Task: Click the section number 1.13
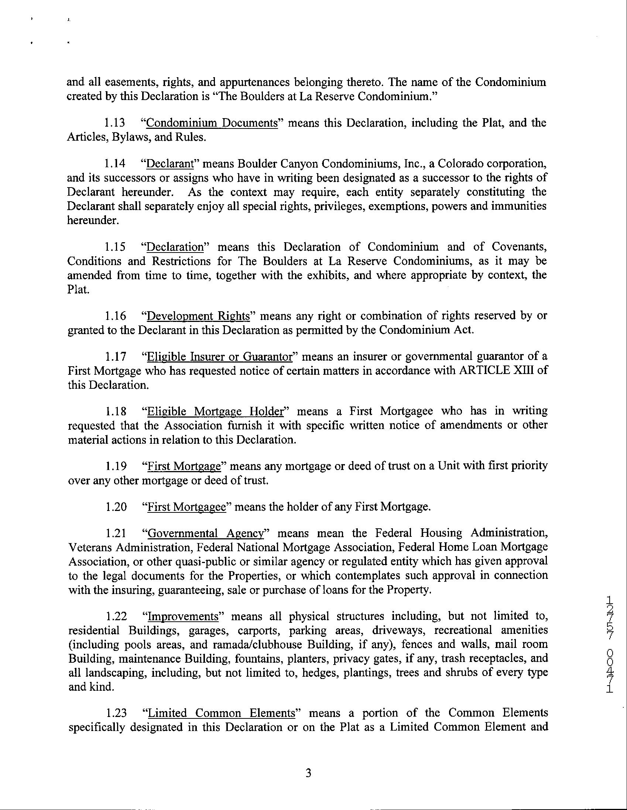pyautogui.click(x=115, y=123)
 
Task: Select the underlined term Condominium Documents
pyautogui.click(x=212, y=123)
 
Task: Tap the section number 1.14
pyautogui.click(x=115, y=164)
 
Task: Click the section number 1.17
pyautogui.click(x=115, y=357)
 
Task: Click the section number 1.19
pyautogui.click(x=115, y=466)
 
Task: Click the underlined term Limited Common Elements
pyautogui.click(x=222, y=713)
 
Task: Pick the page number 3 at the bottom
pyautogui.click(x=308, y=774)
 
